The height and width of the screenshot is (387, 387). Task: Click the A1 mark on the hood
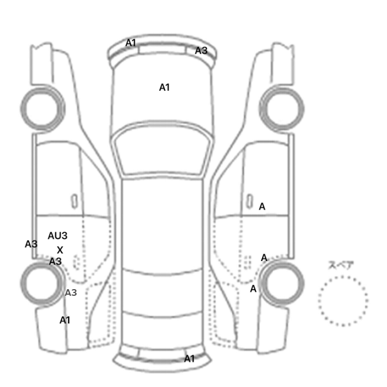pyautogui.click(x=164, y=87)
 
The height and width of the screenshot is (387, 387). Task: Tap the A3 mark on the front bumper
pyautogui.click(x=201, y=51)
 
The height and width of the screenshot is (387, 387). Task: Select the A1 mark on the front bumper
pyautogui.click(x=131, y=43)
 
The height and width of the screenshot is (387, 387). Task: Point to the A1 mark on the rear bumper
pyautogui.click(x=189, y=359)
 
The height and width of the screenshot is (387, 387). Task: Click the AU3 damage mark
pyautogui.click(x=57, y=236)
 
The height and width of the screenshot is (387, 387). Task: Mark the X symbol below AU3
pyautogui.click(x=60, y=250)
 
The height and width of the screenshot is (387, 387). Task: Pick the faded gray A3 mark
pyautogui.click(x=71, y=292)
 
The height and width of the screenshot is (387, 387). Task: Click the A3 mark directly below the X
pyautogui.click(x=55, y=262)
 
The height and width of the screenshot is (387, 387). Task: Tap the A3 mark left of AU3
pyautogui.click(x=31, y=244)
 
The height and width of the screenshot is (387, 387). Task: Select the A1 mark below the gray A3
pyautogui.click(x=65, y=320)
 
